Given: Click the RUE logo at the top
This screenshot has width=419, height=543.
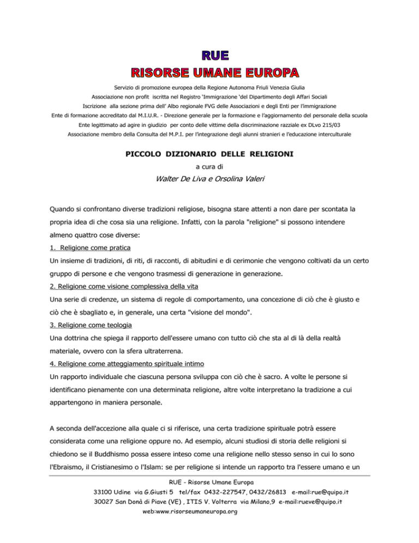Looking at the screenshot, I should tap(209, 56).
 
